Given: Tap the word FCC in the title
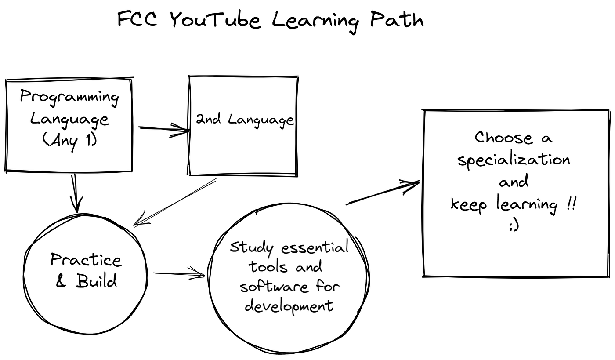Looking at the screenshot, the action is (137, 19).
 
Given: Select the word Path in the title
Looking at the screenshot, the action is (397, 19).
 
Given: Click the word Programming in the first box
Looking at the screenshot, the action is (69, 98).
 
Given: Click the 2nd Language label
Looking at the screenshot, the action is (245, 120).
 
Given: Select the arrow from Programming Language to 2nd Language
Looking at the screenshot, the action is (164, 129).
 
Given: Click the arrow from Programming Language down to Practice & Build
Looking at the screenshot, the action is (76, 194).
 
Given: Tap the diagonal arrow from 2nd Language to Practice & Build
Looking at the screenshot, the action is (175, 202).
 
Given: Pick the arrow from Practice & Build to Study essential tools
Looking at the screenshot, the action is (179, 273).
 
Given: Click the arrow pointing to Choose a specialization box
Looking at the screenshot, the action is (383, 193).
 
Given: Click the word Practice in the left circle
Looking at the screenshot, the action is (86, 259).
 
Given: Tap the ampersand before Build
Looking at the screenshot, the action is (61, 281).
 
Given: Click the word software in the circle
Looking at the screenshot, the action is (274, 287).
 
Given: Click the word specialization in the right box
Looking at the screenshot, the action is (514, 160).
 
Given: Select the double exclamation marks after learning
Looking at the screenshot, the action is (571, 204).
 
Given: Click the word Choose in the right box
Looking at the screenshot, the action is (503, 138).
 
